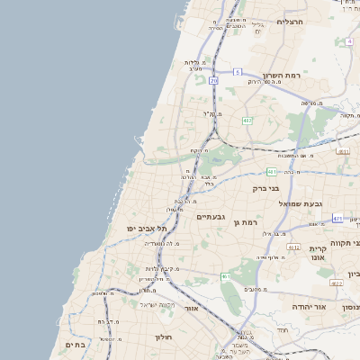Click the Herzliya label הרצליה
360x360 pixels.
click(292, 22)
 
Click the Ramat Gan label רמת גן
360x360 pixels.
click(245, 222)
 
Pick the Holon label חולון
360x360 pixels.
click(163, 337)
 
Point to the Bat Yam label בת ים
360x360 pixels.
click(74, 344)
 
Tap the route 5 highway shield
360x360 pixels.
click(237, 71)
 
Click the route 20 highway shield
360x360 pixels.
click(213, 80)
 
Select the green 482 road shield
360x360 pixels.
click(247, 120)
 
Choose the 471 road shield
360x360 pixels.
click(337, 219)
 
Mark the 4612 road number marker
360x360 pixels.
click(293, 246)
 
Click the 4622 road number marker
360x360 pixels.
click(336, 283)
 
